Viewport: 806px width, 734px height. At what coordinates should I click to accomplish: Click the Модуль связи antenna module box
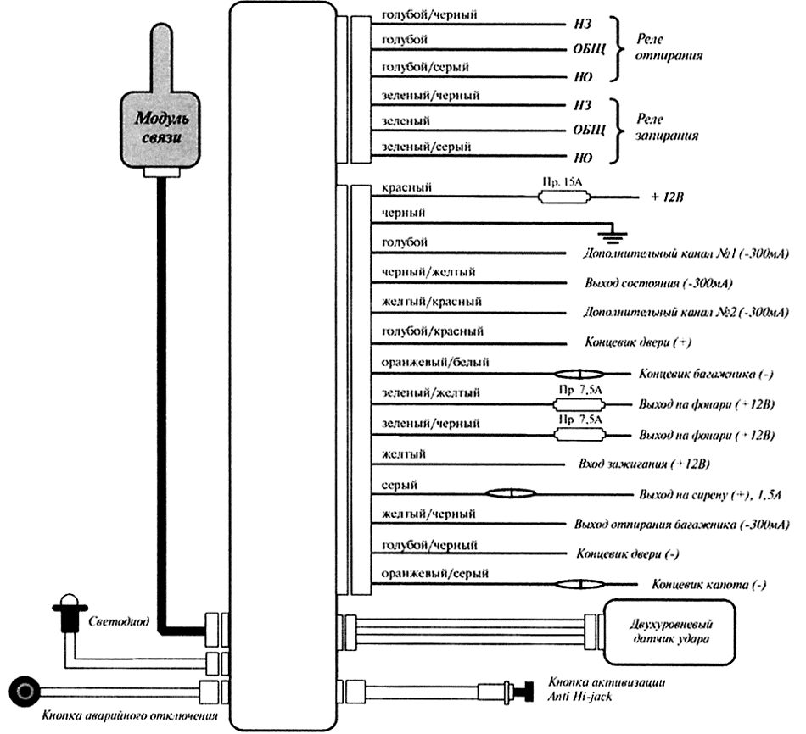pos(160,127)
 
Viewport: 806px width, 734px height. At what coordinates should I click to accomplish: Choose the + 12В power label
pos(668,197)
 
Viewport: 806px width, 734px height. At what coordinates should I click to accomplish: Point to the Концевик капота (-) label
pos(709,585)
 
